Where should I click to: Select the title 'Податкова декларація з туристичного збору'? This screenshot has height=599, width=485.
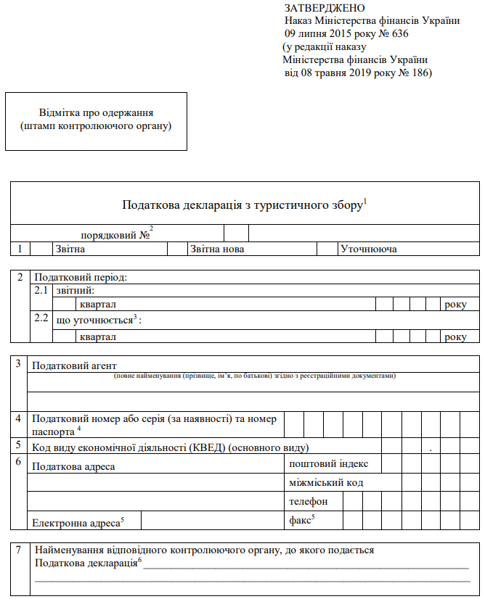point(242,205)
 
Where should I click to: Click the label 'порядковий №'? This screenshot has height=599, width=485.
point(115,234)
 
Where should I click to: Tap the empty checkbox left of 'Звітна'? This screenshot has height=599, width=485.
point(40,249)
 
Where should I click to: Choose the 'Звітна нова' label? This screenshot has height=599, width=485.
point(217,249)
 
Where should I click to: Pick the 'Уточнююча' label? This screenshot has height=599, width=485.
point(368,249)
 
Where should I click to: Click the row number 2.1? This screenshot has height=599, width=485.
point(42,290)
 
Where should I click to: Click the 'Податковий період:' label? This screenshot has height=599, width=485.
point(81,277)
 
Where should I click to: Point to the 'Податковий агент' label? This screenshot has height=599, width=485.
point(75,364)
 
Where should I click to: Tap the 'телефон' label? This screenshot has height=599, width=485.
point(309,501)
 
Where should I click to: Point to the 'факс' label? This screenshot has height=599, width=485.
point(301,520)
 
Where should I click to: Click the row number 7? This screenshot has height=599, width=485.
point(20,550)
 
